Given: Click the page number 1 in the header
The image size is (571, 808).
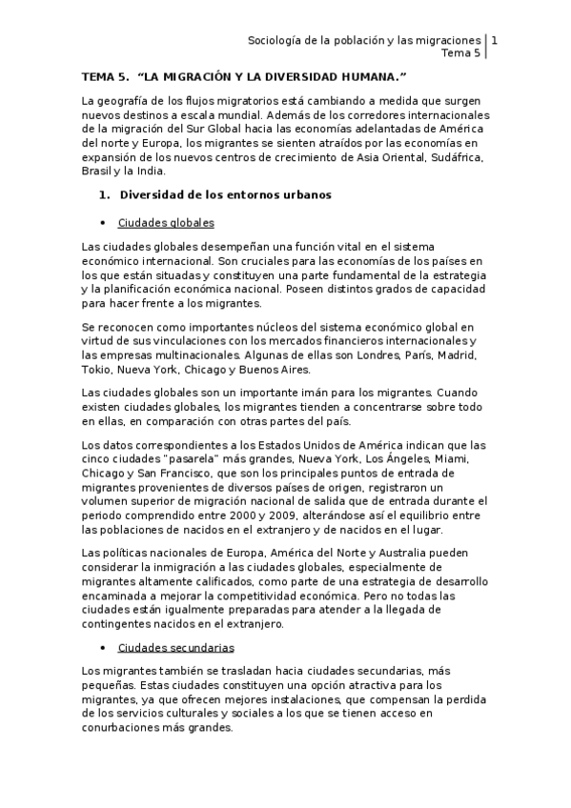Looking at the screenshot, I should [x=495, y=41].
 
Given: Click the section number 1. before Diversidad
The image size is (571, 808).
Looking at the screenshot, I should [x=106, y=196].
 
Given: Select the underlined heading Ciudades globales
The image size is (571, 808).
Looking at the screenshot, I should [x=166, y=223].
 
